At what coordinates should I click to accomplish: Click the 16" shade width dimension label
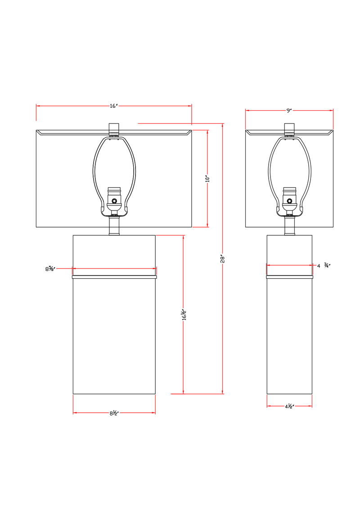point(113,106)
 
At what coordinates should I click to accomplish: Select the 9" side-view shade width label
point(289,110)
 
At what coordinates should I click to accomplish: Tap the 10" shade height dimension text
point(207,179)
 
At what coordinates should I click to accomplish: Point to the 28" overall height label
point(223,259)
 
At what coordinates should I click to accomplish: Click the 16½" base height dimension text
point(183,315)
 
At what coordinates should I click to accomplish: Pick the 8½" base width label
point(113,413)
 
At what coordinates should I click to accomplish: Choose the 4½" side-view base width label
point(289,406)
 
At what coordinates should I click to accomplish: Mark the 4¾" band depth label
point(324,266)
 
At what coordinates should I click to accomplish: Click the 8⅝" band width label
point(50,269)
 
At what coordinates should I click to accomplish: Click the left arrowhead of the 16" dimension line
point(38,106)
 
